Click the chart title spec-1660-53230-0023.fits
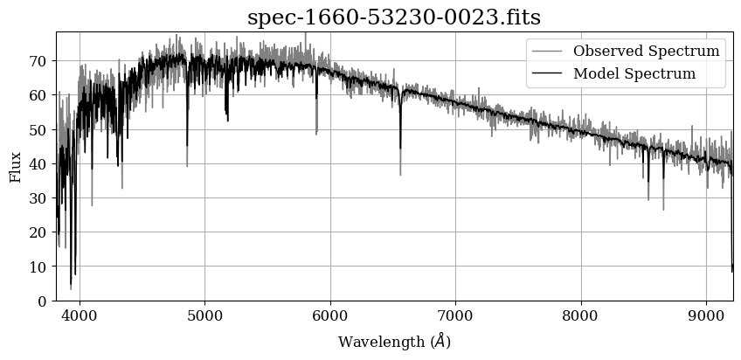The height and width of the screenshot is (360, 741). pos(393,17)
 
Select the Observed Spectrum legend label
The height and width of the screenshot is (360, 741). pos(646,51)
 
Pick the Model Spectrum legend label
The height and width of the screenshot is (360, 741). pos(634,73)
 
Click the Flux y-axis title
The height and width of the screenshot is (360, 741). pos(15,166)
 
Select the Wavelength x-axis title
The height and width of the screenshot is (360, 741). pos(394,341)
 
